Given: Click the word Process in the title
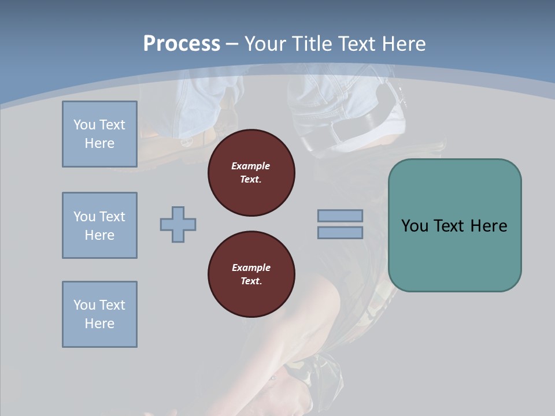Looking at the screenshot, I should [182, 44].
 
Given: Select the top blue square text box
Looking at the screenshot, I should [99, 134].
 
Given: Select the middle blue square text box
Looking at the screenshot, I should [99, 225].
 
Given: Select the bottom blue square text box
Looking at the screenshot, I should [99, 314].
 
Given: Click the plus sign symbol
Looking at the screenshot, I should [178, 224].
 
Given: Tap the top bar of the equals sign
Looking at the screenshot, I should [340, 216].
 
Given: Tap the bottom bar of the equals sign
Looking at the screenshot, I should [340, 232].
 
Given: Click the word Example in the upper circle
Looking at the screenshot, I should [251, 166].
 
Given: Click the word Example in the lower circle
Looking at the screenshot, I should [251, 268].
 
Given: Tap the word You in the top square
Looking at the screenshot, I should [84, 125].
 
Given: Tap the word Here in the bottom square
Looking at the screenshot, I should [99, 324].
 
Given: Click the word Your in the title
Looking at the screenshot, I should [263, 44].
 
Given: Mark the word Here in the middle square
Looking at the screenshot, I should [99, 235].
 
